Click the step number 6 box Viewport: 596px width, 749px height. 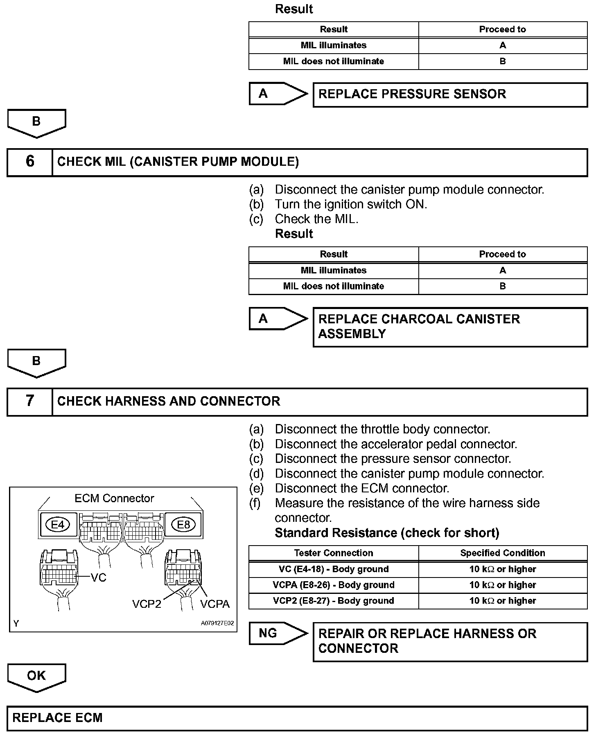tap(30, 162)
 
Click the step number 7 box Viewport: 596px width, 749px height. tap(30, 402)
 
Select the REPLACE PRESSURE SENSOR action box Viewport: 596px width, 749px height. tap(450, 95)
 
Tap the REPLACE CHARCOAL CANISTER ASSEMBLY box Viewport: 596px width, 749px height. tap(450, 327)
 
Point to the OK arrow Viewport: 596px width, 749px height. tap(36, 676)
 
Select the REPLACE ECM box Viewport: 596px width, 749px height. tap(297, 718)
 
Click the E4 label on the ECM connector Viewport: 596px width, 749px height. tap(58, 524)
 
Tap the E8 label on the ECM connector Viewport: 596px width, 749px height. tap(183, 524)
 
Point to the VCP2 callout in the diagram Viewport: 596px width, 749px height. tap(147, 604)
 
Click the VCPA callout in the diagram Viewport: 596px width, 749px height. tap(214, 604)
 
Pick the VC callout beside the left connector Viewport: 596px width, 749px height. tap(98, 578)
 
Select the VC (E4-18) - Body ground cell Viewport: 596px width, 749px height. tap(334, 569)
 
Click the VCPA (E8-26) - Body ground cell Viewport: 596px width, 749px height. tap(334, 585)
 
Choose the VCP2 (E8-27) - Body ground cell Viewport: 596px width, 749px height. tap(334, 601)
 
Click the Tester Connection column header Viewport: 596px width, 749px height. tap(334, 553)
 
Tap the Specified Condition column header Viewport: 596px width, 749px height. tap(503, 553)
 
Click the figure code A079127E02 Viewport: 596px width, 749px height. tap(217, 623)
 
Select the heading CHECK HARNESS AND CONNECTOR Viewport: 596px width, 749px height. tap(169, 402)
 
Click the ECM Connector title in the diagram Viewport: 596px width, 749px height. tap(114, 499)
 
